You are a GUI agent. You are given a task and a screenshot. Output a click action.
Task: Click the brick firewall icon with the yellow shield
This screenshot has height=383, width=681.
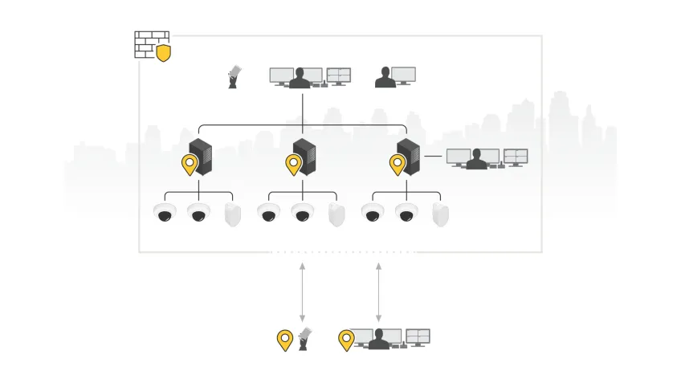point(152,46)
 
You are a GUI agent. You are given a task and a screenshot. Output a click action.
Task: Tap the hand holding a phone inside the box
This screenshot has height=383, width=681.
point(234,77)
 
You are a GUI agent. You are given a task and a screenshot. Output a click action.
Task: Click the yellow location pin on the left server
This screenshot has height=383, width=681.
point(190,165)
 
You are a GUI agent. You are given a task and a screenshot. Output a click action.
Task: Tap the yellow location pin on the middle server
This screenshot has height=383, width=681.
point(294,165)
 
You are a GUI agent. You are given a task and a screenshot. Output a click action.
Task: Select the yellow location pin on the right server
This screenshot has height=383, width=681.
point(398,165)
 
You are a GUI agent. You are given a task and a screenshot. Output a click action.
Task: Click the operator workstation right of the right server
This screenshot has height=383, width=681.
point(487,157)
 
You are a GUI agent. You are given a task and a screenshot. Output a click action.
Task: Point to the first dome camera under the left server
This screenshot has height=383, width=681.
point(165,214)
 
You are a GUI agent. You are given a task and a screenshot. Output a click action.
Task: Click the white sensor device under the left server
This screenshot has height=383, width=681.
point(233,215)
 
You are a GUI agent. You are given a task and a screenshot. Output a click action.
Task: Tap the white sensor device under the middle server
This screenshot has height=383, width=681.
point(336,215)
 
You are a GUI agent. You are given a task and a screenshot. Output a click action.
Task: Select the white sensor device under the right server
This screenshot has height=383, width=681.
point(440,215)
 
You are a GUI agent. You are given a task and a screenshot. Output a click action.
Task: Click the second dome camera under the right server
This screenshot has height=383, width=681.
point(406,214)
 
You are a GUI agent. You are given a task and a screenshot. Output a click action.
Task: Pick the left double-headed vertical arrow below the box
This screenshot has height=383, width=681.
point(302,291)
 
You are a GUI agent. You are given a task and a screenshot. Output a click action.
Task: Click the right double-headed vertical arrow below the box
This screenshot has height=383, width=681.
point(378,291)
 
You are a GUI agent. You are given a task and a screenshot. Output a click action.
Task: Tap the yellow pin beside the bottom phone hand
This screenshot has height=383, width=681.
point(284,340)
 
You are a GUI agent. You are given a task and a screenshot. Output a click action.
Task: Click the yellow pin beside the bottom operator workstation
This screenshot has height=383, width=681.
point(346,340)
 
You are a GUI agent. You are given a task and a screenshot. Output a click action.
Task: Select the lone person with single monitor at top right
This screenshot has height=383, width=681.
point(395,77)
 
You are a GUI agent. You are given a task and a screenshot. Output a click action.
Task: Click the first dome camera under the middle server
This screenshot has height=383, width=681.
point(268,214)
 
